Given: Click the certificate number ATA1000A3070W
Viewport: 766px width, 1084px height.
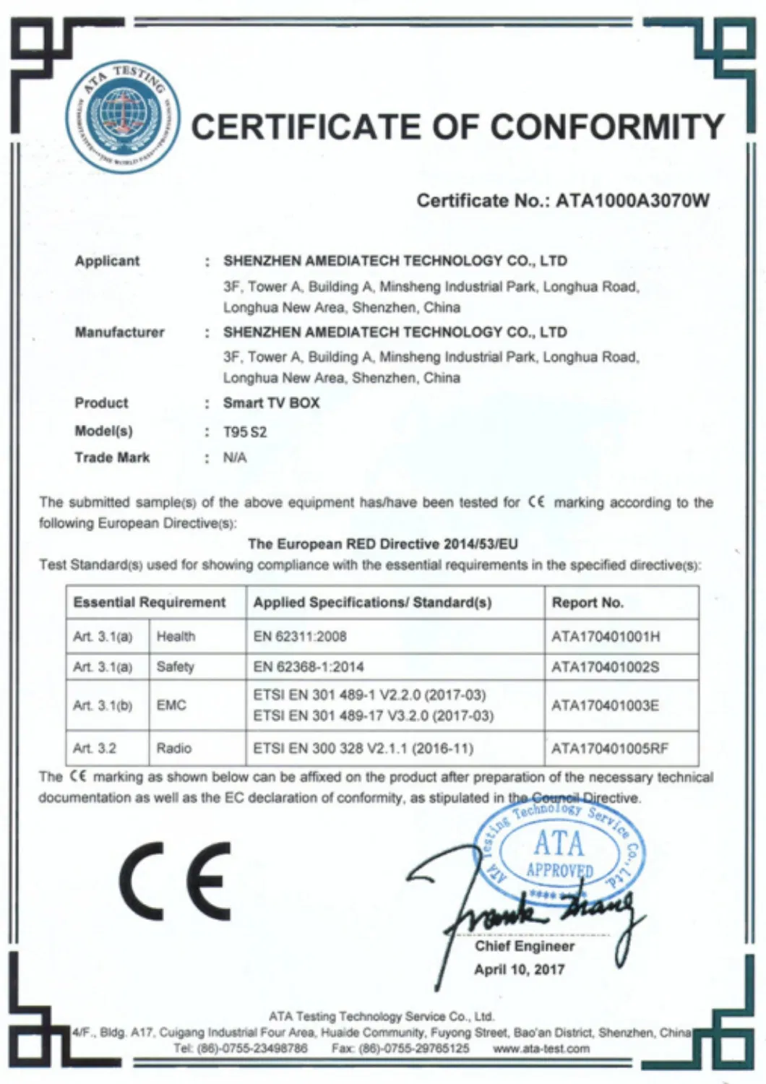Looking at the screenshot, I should click(x=632, y=201).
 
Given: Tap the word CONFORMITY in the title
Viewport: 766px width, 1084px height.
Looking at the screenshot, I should click(x=608, y=128).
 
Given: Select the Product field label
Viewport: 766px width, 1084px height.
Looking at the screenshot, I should click(x=101, y=403).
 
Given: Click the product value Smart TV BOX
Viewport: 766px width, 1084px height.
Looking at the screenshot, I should click(x=271, y=403).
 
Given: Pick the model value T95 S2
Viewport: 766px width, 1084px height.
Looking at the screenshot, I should click(x=245, y=432).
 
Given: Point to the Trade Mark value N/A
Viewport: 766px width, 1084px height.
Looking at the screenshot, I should click(x=235, y=457).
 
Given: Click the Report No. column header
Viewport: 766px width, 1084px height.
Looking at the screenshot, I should click(x=588, y=603).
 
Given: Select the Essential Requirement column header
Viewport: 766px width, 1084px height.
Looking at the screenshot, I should click(x=150, y=603).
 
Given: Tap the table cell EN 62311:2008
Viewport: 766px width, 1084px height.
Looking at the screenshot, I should click(x=300, y=637).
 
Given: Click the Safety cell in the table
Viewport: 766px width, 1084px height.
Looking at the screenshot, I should click(x=176, y=666).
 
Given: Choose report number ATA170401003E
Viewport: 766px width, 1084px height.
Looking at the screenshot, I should click(x=605, y=705).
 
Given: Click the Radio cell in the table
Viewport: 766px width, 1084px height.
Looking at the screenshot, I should click(x=174, y=749).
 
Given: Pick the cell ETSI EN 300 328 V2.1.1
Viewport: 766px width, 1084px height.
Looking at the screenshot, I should click(x=363, y=749).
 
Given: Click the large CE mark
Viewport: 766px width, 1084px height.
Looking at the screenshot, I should click(x=176, y=880).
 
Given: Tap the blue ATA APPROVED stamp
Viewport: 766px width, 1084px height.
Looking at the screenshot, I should click(x=559, y=853).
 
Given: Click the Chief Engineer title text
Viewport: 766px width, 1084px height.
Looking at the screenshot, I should click(x=524, y=946).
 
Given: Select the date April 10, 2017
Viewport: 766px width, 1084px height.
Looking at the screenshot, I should click(x=519, y=970).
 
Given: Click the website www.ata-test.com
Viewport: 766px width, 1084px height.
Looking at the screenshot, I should click(x=541, y=1049).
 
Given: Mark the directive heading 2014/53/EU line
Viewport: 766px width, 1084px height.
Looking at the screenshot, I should click(x=383, y=544).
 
